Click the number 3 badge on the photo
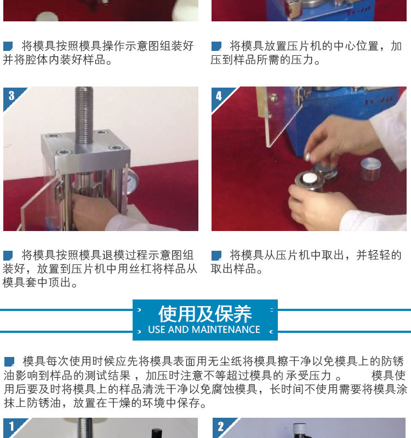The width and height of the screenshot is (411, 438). tap(12, 96)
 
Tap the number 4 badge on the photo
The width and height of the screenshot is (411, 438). tap(219, 96)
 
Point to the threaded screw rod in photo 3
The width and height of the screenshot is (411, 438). tap(84, 115)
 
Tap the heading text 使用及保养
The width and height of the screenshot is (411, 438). tap(205, 314)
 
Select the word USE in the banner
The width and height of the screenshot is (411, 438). tap(156, 330)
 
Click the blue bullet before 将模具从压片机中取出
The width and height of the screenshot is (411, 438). tap(216, 255)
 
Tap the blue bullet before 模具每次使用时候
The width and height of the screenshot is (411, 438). tap(9, 361)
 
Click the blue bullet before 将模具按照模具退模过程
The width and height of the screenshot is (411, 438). tap(8, 255)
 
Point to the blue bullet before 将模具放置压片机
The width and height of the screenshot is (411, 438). tap(216, 46)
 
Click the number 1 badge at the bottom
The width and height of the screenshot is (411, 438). tap(12, 427)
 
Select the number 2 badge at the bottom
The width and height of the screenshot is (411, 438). tap(221, 427)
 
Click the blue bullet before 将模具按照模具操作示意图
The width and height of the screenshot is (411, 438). tap(8, 46)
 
